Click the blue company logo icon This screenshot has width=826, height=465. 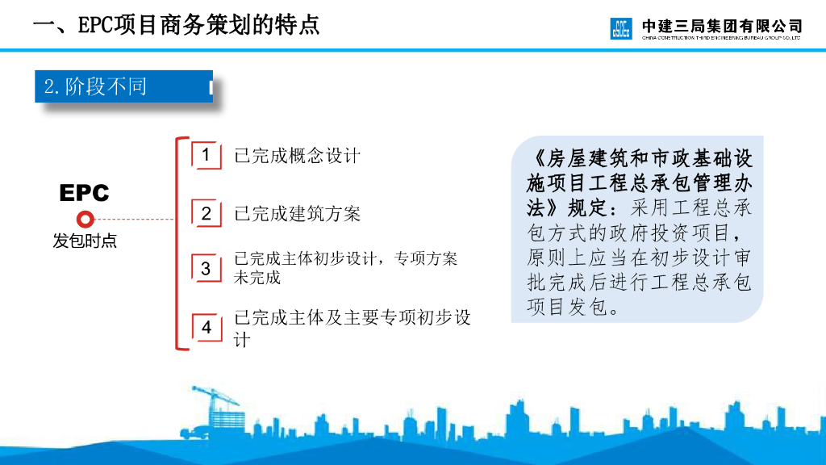(622, 28)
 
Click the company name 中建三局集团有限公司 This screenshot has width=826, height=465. (722, 24)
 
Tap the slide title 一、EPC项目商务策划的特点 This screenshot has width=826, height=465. (176, 24)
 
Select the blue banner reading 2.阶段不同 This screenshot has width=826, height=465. (123, 86)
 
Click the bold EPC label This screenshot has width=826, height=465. (84, 194)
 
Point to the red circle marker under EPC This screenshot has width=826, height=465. (85, 219)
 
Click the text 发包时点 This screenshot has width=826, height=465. (85, 241)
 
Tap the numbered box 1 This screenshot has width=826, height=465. (206, 155)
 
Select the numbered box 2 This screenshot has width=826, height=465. (206, 214)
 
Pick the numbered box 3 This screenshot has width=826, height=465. (206, 268)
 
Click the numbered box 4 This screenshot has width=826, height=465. (206, 328)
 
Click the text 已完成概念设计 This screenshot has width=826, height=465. (297, 156)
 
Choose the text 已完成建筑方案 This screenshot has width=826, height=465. (297, 214)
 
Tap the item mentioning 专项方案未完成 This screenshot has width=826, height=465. (345, 268)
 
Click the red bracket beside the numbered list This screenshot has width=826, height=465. (179, 242)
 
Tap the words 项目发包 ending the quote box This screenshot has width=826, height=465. (565, 307)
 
